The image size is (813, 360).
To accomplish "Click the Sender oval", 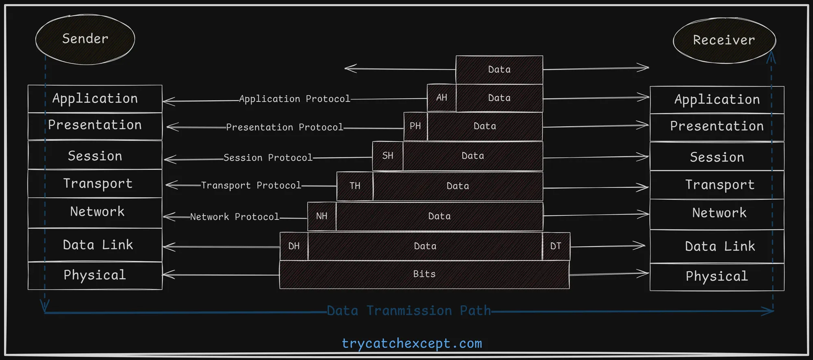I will coord(85,39).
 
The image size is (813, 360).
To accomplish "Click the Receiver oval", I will coord(724,40).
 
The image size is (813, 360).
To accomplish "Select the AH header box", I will coord(441,98).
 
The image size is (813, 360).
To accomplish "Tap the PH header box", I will coord(415,126).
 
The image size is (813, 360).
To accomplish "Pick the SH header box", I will coord(388,156).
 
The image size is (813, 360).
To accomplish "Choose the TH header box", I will coord(355,186).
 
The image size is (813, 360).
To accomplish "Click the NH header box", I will coord(322,216).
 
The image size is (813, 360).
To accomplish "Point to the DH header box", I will coord(294,246).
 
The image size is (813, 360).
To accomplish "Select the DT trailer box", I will coord(556,246).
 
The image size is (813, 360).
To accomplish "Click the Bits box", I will coord(424,274).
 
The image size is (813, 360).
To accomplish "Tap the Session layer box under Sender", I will coord(95,156).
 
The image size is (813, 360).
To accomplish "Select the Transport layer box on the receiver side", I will coord(717,185).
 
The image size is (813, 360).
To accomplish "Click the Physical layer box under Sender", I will coord(95,275).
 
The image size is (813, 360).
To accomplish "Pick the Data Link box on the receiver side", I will coord(717,246).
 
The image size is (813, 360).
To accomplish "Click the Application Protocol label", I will coord(294,99).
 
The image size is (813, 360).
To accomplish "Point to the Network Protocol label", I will coord(235,217).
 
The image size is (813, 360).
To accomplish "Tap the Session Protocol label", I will coord(268,158).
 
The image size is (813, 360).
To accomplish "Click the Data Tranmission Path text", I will coord(409,311).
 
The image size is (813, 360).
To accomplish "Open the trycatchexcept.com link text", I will coord(412,344).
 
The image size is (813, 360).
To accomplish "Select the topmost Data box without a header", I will coord(499,69).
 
